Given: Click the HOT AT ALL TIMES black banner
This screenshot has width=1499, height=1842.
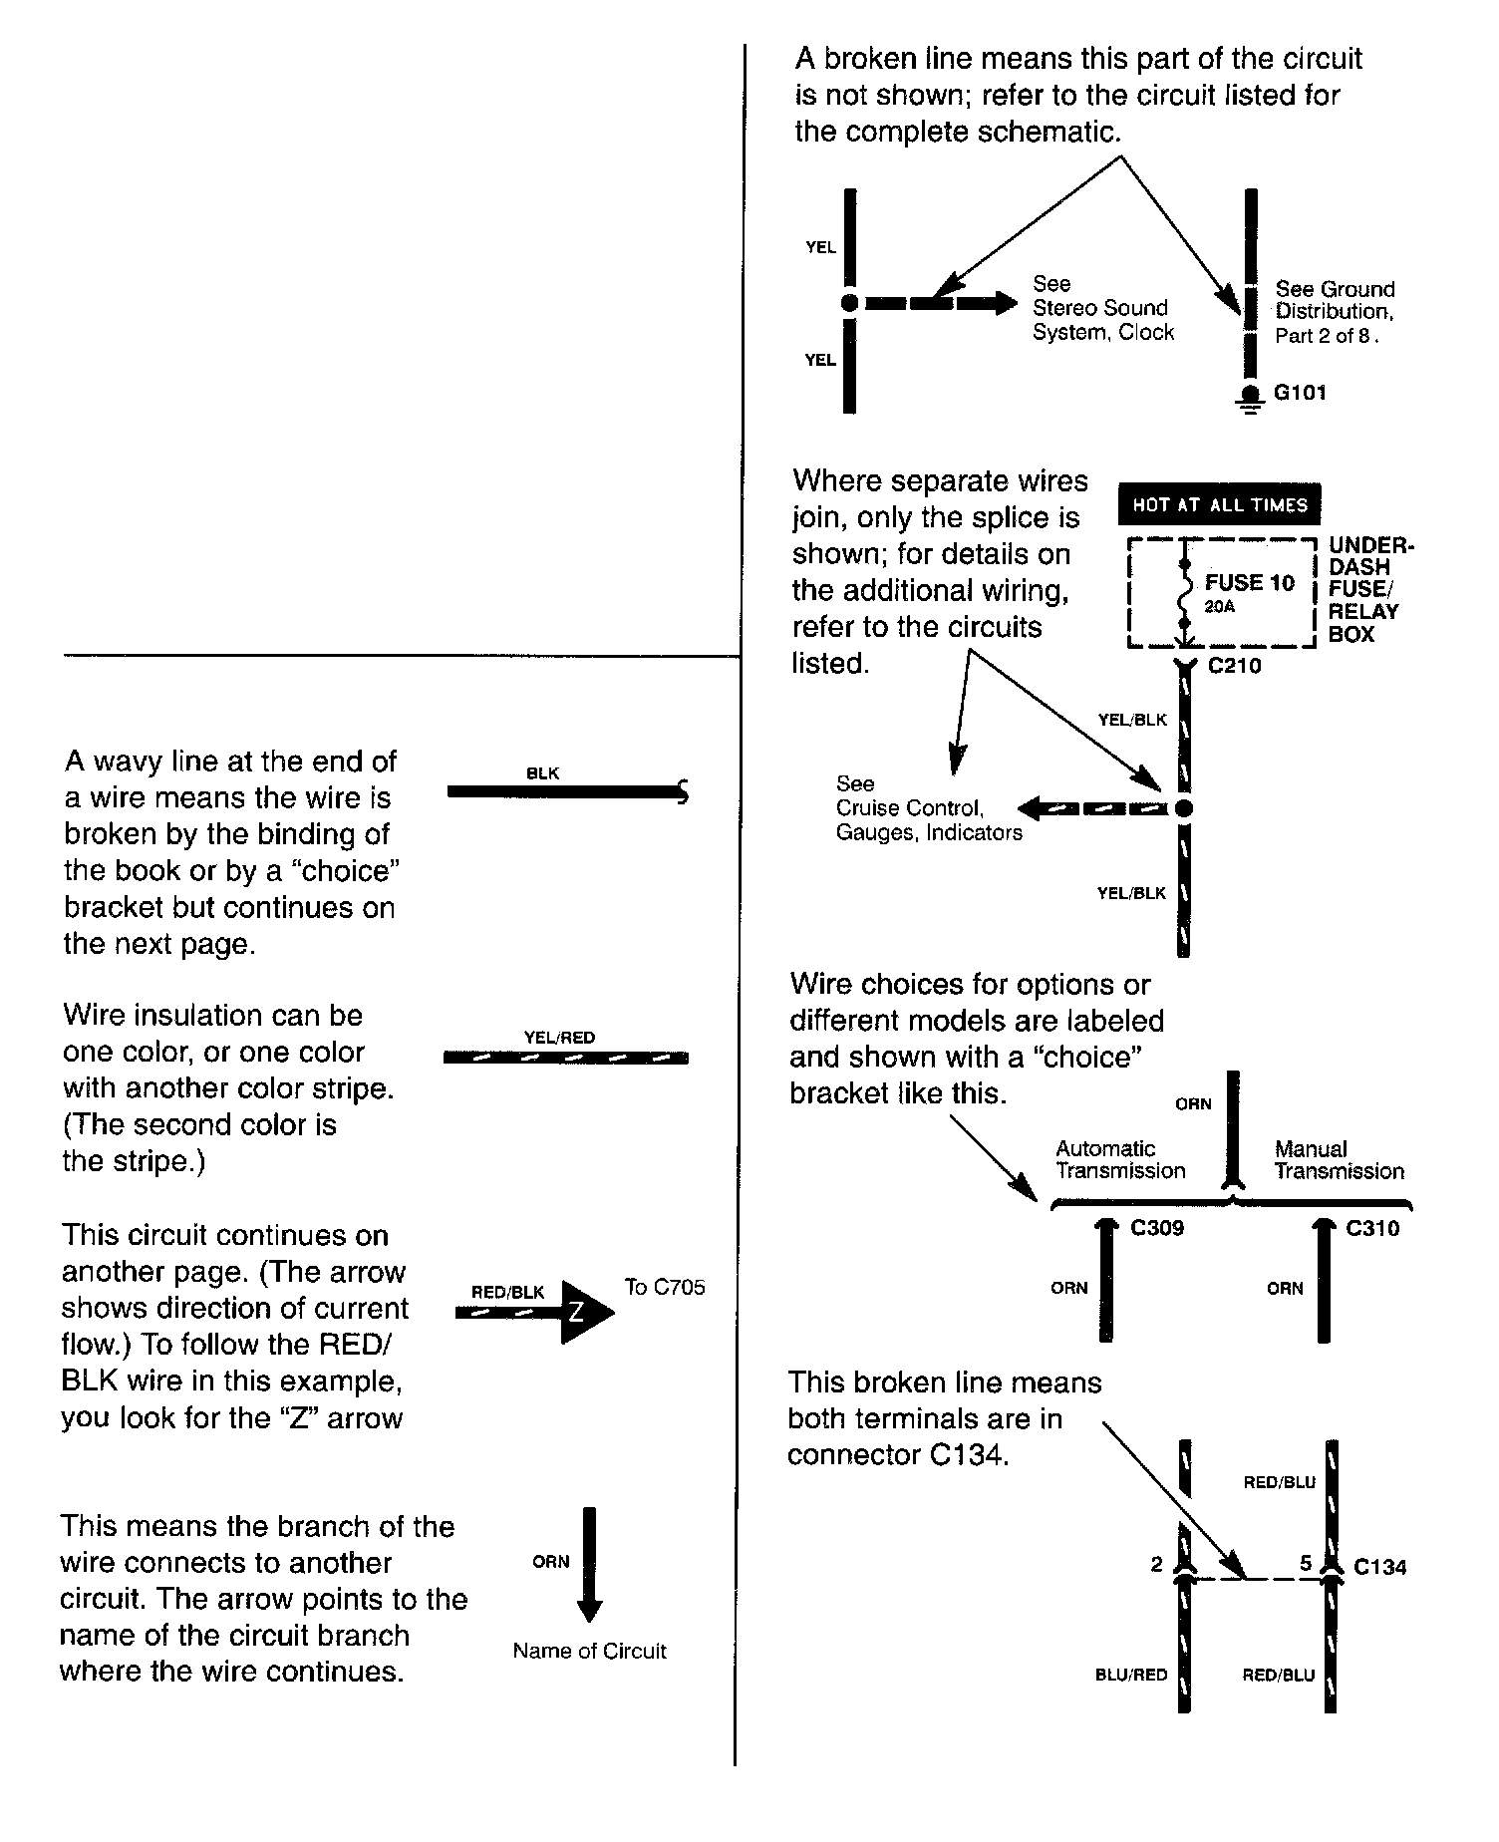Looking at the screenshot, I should (x=1219, y=505).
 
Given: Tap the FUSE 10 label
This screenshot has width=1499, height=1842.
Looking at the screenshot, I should (x=1250, y=583).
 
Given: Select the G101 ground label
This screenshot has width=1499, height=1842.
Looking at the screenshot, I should (x=1301, y=393).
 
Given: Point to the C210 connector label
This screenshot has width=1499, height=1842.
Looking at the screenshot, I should (x=1235, y=666).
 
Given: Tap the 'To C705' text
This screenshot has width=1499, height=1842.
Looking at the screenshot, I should (x=665, y=1287).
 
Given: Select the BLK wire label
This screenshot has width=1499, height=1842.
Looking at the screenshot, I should (x=542, y=773).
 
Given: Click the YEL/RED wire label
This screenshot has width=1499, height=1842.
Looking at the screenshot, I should (x=559, y=1038).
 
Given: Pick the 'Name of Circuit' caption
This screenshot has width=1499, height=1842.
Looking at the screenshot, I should (x=589, y=1651).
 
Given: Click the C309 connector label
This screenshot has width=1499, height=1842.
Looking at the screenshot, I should (x=1157, y=1228).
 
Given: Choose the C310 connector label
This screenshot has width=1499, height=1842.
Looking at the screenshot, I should (x=1372, y=1228).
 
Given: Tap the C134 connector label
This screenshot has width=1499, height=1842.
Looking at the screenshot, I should (x=1380, y=1567).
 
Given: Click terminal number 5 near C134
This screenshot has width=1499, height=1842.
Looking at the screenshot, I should (x=1306, y=1563).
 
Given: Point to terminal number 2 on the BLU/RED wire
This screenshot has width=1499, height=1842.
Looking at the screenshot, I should (x=1156, y=1564).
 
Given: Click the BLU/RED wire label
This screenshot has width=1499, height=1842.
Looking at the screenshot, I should (x=1131, y=1675).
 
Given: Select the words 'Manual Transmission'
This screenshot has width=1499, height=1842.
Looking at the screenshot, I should (x=1339, y=1160).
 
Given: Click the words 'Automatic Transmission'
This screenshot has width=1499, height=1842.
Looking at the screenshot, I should (x=1120, y=1160).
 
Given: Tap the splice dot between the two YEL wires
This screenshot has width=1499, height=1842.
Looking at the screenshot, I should (x=849, y=303).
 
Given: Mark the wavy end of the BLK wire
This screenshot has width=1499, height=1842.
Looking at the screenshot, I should (x=683, y=792).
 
